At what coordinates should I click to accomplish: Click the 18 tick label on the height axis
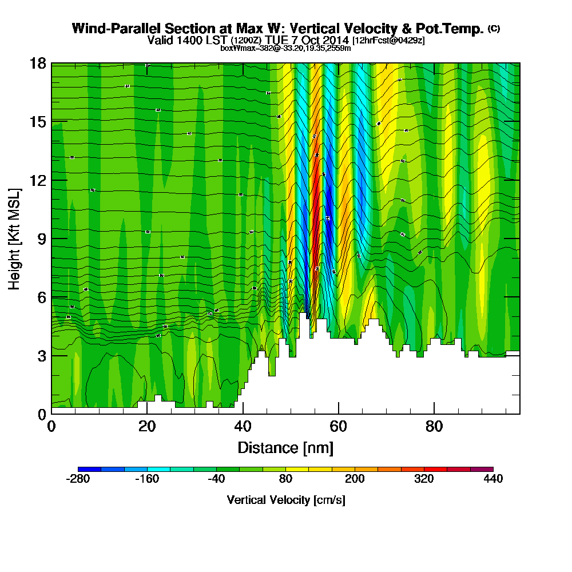click(38, 63)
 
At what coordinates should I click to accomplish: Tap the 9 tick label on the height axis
click(41, 239)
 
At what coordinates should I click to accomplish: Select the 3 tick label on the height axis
click(41, 356)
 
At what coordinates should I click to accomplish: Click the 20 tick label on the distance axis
click(147, 427)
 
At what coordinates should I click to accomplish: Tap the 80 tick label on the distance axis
click(435, 427)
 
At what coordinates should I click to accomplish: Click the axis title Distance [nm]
click(285, 447)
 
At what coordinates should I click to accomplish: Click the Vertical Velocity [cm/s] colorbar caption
click(285, 500)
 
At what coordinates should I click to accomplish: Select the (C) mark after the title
click(494, 29)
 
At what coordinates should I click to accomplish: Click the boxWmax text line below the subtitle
click(285, 48)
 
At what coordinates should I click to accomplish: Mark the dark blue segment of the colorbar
click(89, 469)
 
